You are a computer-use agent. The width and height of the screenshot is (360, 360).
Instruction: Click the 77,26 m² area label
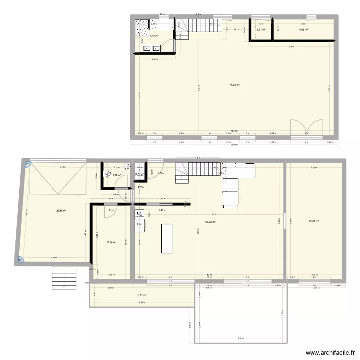[234, 85]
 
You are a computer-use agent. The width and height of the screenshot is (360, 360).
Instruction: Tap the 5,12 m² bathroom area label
[154, 36]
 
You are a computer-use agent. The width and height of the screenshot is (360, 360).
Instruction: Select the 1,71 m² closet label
[261, 30]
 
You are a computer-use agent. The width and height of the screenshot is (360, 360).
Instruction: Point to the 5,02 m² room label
[303, 30]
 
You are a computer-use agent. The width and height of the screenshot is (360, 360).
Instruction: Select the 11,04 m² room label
[111, 242]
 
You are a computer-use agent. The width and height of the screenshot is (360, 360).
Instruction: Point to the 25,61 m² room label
[314, 221]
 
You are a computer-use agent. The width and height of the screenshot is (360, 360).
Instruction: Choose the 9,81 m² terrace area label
[142, 295]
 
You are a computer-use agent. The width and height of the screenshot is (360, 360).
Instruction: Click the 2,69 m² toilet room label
[116, 175]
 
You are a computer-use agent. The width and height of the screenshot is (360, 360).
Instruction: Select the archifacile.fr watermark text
[331, 351]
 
